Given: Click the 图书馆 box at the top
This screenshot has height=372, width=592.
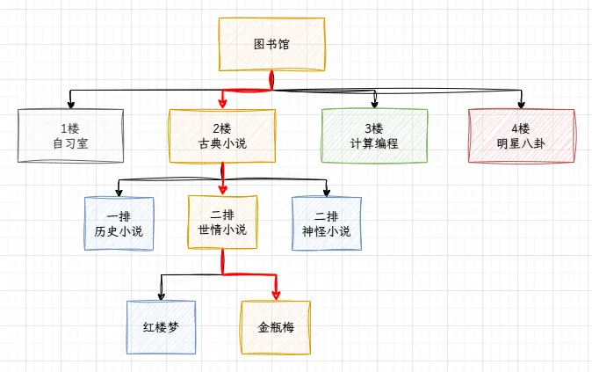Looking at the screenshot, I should point(271,43).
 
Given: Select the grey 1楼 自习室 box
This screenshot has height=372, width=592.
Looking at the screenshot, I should point(69,135).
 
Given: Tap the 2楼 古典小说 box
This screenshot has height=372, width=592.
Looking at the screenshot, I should point(223,135).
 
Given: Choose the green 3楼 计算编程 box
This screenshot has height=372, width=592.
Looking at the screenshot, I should point(374,135).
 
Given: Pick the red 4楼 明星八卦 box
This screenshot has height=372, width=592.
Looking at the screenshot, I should point(521,135).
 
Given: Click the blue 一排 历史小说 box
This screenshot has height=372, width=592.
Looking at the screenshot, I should point(119,223).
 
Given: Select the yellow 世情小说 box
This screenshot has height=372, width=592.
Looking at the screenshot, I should point(222,222).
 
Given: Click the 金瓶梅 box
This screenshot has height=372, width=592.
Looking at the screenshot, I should point(276,326).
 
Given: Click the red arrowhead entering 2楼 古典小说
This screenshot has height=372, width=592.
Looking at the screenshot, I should point(223,104).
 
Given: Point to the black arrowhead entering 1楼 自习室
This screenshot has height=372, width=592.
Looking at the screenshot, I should point(69,104).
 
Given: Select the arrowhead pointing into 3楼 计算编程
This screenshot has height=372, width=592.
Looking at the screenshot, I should point(375,104).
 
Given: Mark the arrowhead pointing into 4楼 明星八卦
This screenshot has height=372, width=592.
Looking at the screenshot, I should point(521,104).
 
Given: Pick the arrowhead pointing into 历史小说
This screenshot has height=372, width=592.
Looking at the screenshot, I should point(119,192).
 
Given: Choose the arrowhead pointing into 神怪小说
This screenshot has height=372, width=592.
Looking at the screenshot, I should point(326,192).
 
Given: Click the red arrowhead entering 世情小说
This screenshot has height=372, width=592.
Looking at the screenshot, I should point(222,190).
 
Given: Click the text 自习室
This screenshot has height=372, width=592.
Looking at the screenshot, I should point(69,143).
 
